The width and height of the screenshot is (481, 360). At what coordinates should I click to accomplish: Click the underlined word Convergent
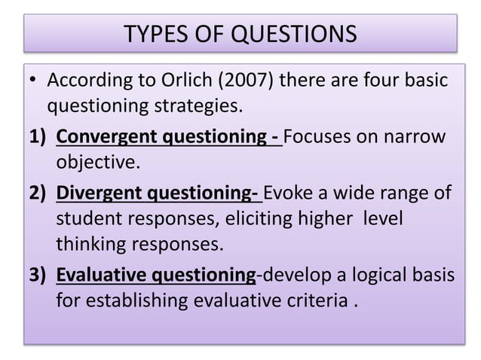point(103,138)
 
